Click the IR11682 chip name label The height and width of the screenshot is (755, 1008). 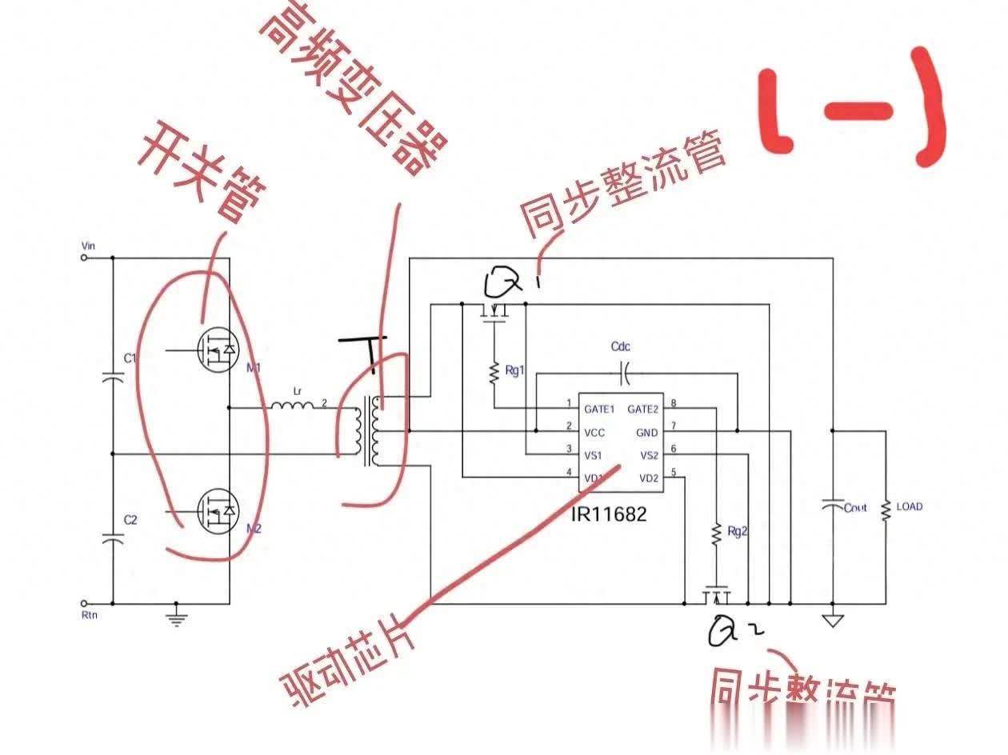(608, 514)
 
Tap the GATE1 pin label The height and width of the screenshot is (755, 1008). (599, 409)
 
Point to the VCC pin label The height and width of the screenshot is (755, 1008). (594, 433)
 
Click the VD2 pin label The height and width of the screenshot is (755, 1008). (648, 478)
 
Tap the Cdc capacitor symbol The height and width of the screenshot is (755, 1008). (626, 371)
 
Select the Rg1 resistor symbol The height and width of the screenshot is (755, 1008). (495, 370)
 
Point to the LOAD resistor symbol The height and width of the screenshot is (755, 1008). (886, 509)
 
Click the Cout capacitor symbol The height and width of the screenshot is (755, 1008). (832, 505)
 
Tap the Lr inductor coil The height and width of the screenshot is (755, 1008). (292, 406)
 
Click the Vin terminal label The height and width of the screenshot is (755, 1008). (89, 246)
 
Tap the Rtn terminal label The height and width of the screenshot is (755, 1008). (89, 615)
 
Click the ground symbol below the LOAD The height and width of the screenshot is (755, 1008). (832, 618)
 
